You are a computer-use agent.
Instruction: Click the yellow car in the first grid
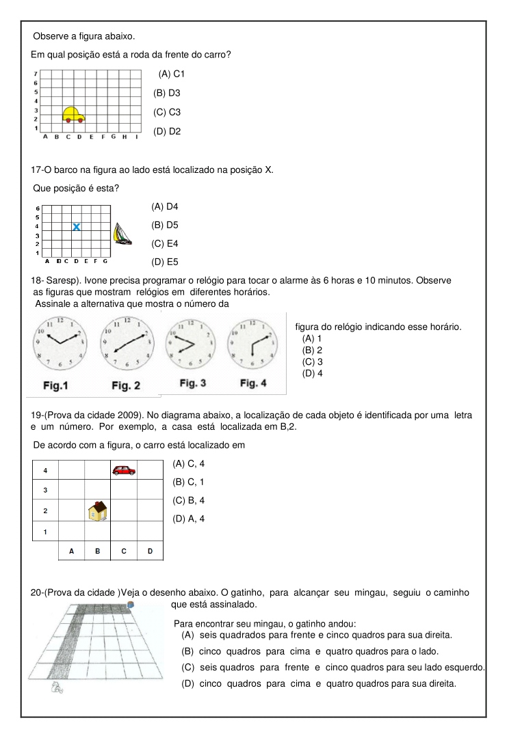[73, 114]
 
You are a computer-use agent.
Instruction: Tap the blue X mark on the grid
[77, 226]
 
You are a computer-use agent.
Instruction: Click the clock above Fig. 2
[127, 344]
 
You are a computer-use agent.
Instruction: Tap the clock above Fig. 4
[255, 344]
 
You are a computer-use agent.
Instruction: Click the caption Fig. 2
[126, 386]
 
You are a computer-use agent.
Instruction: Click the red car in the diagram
[124, 469]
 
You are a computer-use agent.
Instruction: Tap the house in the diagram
[98, 510]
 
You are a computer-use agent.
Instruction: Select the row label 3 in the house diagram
[45, 490]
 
